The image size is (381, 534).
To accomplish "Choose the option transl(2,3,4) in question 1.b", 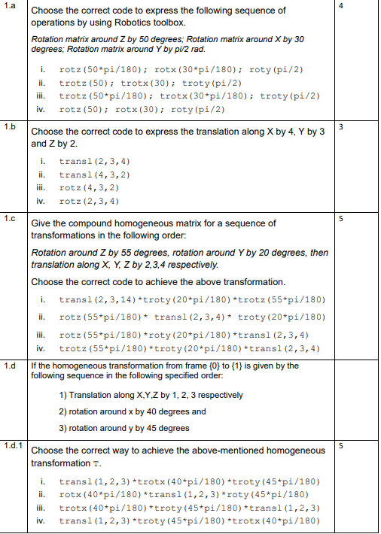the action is click(94, 162).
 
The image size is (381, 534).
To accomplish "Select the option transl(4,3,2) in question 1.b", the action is click(94, 175).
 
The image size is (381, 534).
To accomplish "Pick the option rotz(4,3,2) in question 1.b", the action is click(88, 188).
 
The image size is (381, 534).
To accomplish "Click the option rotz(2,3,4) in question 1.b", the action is click(88, 202).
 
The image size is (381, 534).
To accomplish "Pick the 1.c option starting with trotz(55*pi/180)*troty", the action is click(189, 348).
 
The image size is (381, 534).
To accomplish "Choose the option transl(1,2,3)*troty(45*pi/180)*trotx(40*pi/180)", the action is click(189, 520).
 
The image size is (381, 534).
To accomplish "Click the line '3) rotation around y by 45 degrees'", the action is click(123, 428).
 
